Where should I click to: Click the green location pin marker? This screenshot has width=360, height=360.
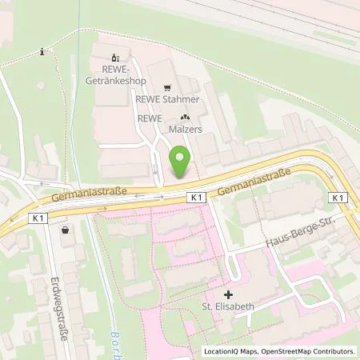[180, 162]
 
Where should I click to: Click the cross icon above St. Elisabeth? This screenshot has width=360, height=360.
[230, 295]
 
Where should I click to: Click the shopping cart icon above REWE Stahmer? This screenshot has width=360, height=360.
[167, 88]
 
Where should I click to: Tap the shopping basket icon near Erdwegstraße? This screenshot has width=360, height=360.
[65, 230]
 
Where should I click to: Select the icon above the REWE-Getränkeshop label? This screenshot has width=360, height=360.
[114, 57]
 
